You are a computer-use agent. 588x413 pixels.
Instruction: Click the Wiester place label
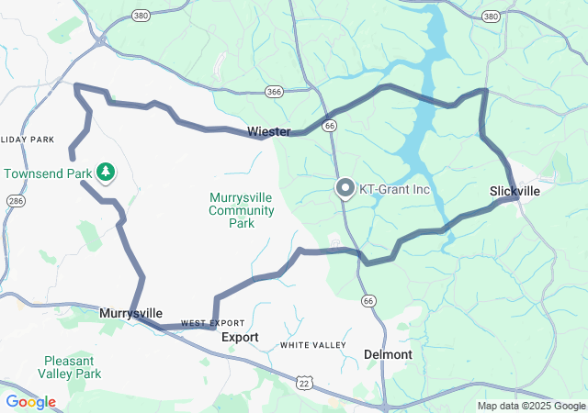(x=268, y=132)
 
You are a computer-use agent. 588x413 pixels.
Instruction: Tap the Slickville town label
(x=514, y=191)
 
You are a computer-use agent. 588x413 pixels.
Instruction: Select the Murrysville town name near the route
(x=130, y=313)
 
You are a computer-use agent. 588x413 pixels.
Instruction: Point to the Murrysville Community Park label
(x=242, y=210)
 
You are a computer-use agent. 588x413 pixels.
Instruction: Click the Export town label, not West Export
(x=240, y=338)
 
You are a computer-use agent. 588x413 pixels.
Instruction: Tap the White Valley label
(x=313, y=345)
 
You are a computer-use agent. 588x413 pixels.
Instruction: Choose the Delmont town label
(x=389, y=353)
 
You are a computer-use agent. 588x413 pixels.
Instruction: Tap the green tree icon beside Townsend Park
(x=107, y=171)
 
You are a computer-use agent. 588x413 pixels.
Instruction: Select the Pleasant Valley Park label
(x=70, y=368)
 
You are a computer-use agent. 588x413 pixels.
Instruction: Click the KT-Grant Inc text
(x=394, y=190)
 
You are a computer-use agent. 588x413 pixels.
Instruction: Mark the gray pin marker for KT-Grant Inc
(x=345, y=188)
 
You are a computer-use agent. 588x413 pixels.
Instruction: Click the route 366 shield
(x=274, y=92)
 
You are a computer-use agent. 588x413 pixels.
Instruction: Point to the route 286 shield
(x=16, y=200)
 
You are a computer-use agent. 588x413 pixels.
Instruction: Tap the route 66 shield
(x=368, y=301)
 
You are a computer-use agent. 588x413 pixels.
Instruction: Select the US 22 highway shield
(x=303, y=381)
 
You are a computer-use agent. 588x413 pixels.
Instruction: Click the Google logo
(x=30, y=402)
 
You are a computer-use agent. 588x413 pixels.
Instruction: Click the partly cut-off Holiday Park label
(x=28, y=140)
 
